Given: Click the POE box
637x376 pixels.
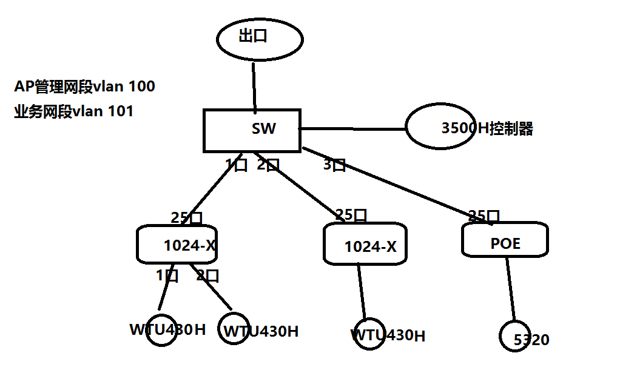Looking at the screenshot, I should click(x=505, y=240).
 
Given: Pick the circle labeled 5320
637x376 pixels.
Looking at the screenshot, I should click(x=516, y=336).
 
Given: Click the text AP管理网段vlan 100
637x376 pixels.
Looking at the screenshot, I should click(x=84, y=87).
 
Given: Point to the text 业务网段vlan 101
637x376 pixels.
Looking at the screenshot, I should click(x=73, y=112).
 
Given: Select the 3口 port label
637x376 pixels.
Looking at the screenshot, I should click(x=334, y=164).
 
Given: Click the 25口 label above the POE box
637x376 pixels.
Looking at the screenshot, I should click(x=484, y=216).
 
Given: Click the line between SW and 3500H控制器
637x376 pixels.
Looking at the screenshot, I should click(x=352, y=129).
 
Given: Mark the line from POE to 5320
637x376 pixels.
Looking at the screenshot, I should click(x=511, y=289).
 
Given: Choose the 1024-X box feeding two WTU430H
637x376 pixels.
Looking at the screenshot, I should click(x=177, y=245).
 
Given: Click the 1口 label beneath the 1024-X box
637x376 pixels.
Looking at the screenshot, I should click(x=167, y=275).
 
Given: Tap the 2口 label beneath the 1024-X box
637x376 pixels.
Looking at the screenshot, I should click(x=207, y=275).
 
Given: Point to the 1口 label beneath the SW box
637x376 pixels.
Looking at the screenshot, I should click(x=237, y=164).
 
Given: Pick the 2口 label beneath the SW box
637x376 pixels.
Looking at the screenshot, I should click(x=268, y=164).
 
